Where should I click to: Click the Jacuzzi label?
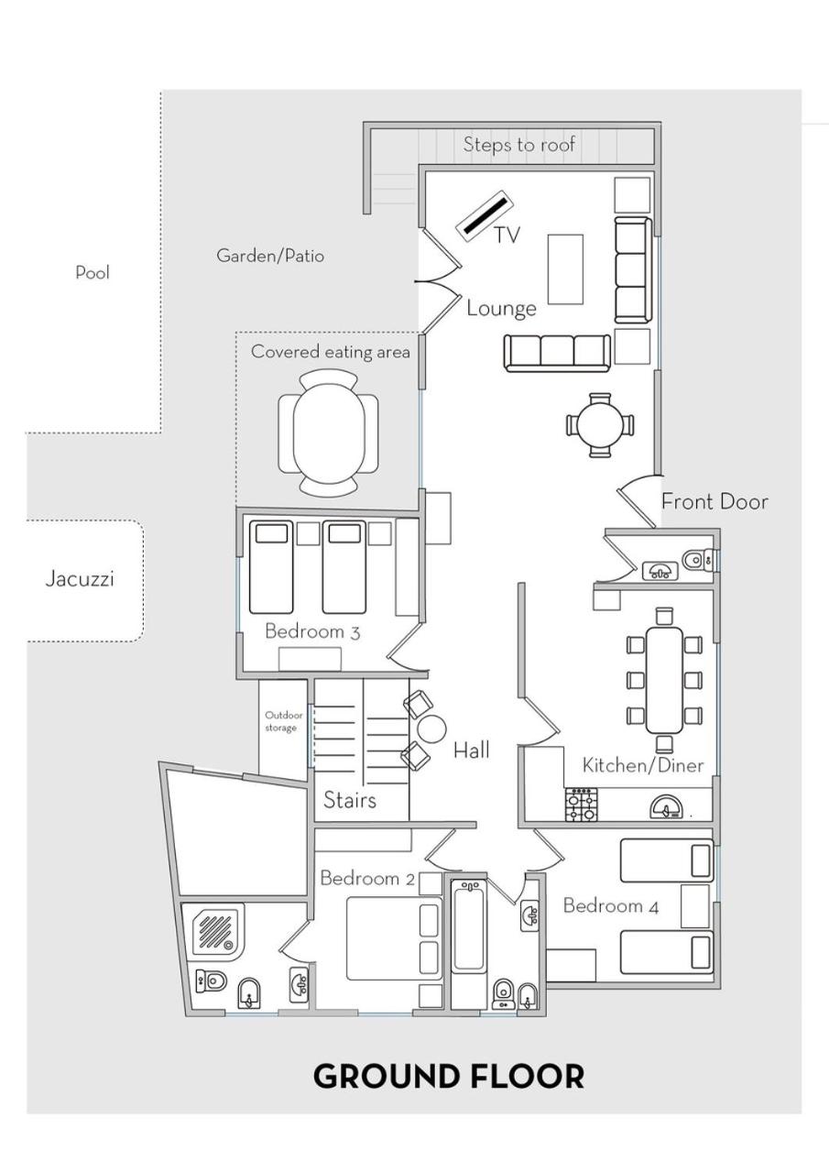coord(80,579)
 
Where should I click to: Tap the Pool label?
coord(93,272)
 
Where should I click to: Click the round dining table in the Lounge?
coord(599,425)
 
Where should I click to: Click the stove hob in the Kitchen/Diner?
coord(581,805)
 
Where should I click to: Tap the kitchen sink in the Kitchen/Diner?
coord(666,806)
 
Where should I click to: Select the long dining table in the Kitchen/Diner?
coord(664,680)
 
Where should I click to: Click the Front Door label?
coord(715,502)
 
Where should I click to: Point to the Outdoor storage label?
coord(283,721)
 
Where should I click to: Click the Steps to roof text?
coord(518,145)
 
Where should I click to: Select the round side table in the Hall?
coord(431,728)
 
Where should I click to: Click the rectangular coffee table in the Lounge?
coord(565,268)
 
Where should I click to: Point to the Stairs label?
coord(349,800)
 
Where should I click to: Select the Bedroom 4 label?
coord(611,905)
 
